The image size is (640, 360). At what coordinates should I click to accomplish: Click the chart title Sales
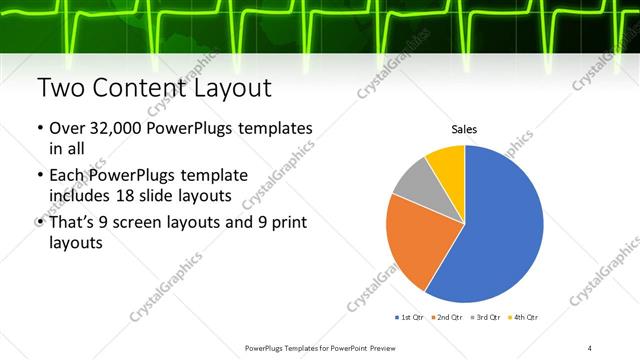pyautogui.click(x=464, y=129)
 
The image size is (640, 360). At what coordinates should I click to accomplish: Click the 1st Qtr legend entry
pyautogui.click(x=410, y=317)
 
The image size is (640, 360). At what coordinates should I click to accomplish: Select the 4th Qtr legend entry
pyautogui.click(x=524, y=317)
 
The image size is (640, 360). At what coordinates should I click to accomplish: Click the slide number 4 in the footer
pyautogui.click(x=590, y=347)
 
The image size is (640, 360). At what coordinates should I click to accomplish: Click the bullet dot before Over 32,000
pyautogui.click(x=39, y=130)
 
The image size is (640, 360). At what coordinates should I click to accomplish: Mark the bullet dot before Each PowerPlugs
pyautogui.click(x=39, y=176)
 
